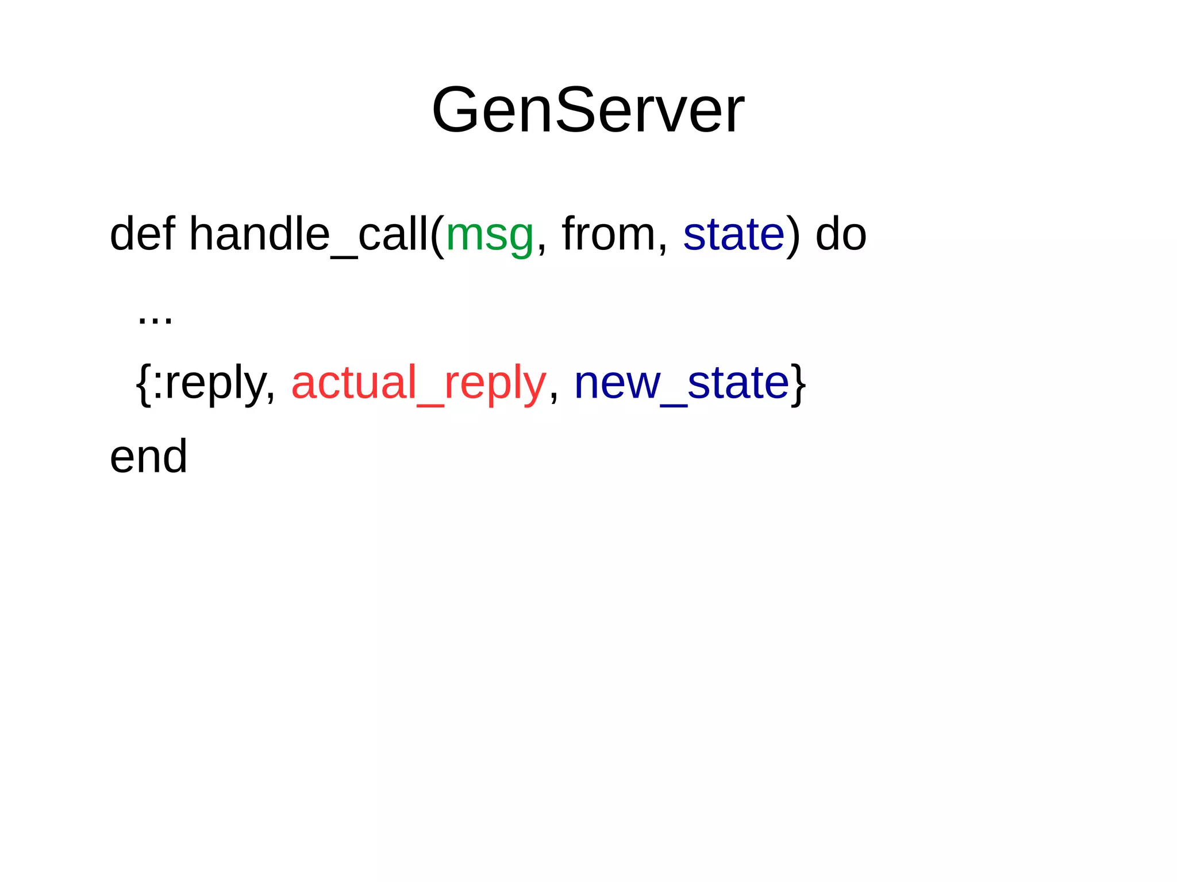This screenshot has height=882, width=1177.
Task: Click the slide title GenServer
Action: (587, 110)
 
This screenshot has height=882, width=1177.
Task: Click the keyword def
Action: (142, 234)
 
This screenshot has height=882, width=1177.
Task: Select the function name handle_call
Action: (309, 234)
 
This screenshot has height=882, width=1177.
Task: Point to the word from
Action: (608, 234)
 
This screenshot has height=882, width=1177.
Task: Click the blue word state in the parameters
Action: (733, 234)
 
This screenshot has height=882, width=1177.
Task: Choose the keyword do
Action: (841, 234)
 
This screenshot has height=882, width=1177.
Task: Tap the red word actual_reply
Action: (418, 383)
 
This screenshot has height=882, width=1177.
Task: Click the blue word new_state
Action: (681, 383)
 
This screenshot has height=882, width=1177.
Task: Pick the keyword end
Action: (148, 456)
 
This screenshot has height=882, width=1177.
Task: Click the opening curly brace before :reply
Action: (143, 384)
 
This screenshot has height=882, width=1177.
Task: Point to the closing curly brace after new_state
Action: (798, 384)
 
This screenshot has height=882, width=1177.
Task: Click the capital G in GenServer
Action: (455, 110)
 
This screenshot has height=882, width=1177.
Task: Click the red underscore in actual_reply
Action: (430, 405)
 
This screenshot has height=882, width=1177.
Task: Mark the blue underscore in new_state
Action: (673, 405)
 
